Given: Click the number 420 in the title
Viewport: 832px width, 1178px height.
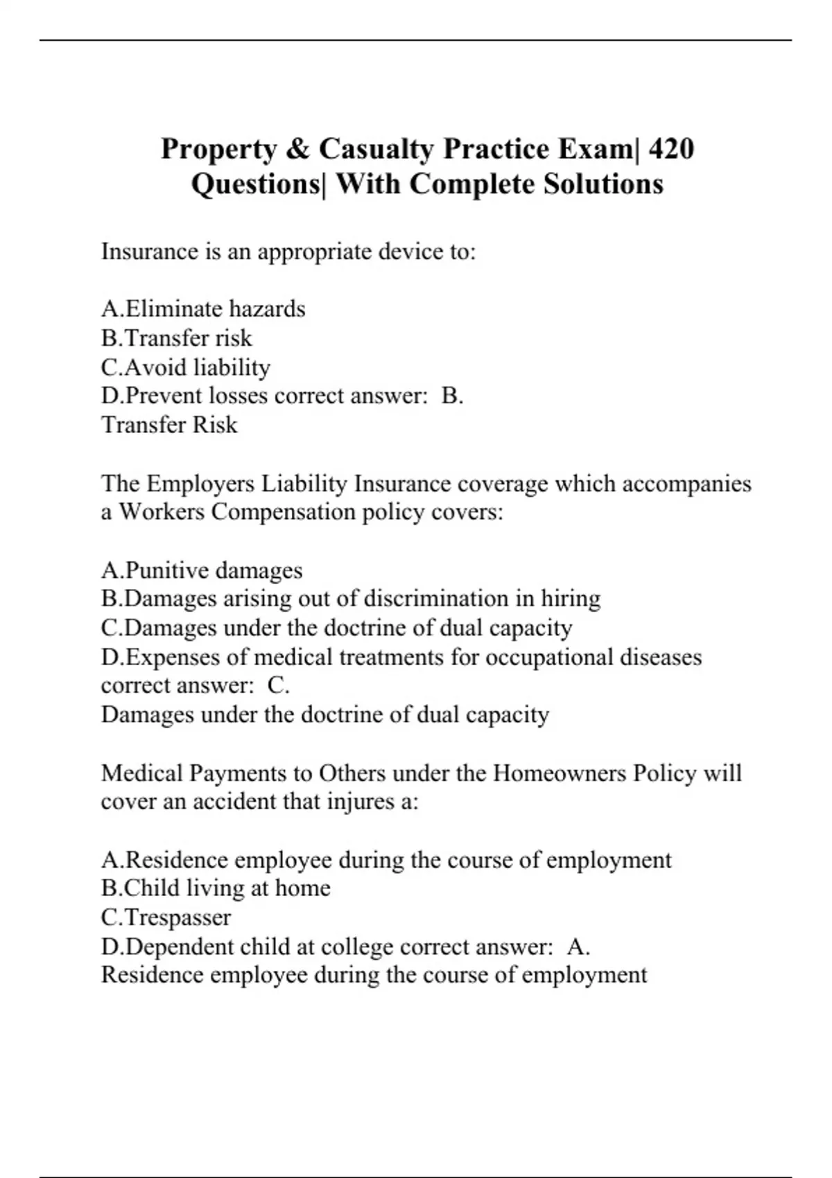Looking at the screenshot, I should point(670,149).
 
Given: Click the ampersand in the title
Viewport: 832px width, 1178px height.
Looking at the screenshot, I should point(295,149).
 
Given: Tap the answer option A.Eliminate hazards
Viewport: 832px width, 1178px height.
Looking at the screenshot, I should point(203,308).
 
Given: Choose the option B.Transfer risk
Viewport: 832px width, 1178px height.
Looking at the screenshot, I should point(177,338).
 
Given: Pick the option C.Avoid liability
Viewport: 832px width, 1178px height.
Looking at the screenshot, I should point(186,367).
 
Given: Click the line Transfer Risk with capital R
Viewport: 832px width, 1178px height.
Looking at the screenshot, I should point(169,425).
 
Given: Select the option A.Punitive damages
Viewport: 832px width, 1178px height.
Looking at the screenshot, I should point(202,570).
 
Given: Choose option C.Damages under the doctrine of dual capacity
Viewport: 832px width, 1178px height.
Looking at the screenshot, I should point(336,628).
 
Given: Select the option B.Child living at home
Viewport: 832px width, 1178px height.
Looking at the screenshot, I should point(216,888).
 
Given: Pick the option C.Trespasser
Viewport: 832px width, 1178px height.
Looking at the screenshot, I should point(166,917).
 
